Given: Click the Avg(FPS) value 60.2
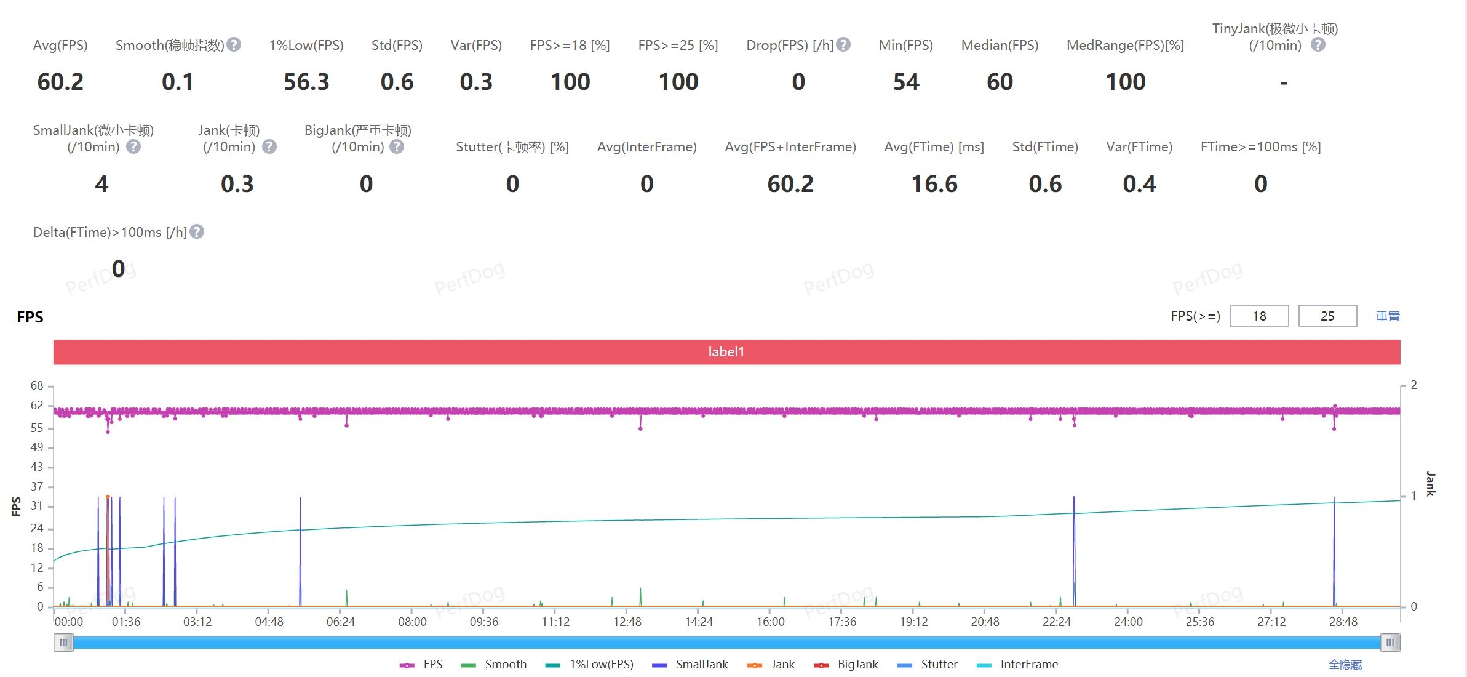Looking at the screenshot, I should (60, 82).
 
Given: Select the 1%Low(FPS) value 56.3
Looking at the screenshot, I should (306, 82).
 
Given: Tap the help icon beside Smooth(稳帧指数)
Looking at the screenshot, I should (234, 45).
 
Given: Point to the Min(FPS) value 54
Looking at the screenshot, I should (906, 82).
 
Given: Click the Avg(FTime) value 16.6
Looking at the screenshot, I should (934, 184).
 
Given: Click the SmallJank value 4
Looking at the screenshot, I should (101, 184).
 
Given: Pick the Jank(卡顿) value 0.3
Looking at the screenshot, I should (237, 184).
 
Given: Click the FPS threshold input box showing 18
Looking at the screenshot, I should (1259, 316).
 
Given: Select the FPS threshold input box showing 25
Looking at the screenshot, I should (1327, 316).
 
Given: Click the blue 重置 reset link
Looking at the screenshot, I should (1388, 316).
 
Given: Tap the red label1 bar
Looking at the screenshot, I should (726, 352).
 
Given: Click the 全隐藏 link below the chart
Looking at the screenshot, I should (1345, 665).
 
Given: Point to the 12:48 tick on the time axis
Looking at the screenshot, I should (627, 622).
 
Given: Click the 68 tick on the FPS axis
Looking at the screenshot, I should (37, 386).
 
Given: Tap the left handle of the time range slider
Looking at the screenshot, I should (63, 643).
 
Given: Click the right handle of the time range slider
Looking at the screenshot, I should (1390, 643).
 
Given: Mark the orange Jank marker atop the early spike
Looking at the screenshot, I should (108, 497).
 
